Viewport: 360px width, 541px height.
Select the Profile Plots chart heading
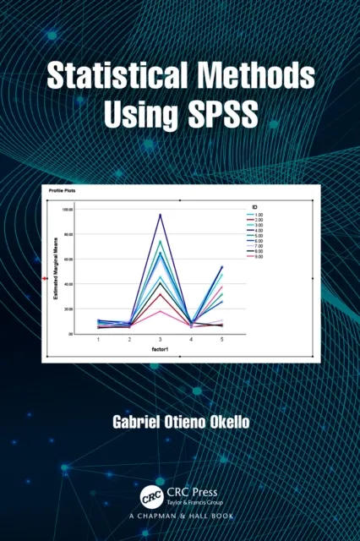click(x=63, y=190)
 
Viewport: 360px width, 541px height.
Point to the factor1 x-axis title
click(x=161, y=347)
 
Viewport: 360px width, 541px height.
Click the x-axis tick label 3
click(x=161, y=338)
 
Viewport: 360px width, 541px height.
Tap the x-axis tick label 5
click(x=222, y=338)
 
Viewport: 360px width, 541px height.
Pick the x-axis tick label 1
click(x=98, y=338)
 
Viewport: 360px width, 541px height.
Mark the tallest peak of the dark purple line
click(x=161, y=215)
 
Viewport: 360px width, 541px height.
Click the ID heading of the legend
click(x=254, y=207)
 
